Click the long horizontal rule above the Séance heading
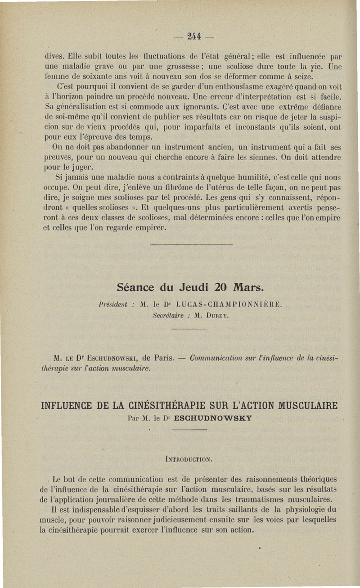[x=191, y=245]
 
